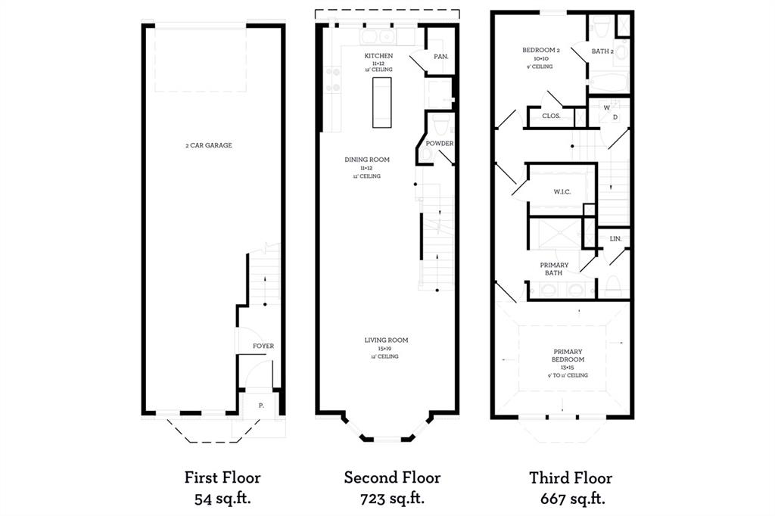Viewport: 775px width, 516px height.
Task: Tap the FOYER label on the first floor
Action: point(263,346)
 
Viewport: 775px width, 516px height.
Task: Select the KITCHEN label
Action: point(378,56)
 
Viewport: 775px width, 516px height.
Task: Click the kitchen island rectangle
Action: point(380,103)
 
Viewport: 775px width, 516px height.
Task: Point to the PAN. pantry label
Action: point(440,57)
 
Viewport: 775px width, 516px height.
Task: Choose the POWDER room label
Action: point(440,143)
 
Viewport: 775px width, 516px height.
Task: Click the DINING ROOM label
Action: point(367,160)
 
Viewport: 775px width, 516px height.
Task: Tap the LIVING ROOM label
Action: point(386,340)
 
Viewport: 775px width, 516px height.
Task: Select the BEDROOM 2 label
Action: point(540,50)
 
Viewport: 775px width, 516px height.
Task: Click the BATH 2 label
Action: point(604,51)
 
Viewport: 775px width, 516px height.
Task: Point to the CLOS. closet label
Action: point(551,116)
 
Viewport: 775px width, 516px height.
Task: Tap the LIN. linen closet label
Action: point(615,238)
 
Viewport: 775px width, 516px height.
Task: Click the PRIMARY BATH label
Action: point(554,269)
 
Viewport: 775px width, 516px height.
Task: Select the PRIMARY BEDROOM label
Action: point(568,356)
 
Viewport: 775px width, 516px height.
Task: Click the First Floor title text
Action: point(223,477)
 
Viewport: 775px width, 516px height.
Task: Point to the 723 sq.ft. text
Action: point(392,499)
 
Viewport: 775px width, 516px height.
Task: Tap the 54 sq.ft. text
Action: point(223,499)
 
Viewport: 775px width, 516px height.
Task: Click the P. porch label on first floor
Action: point(260,406)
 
